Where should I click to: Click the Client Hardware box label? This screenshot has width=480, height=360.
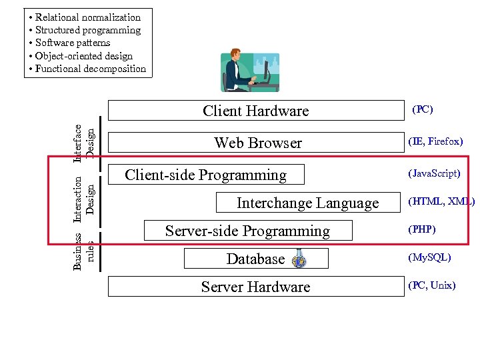point(255,111)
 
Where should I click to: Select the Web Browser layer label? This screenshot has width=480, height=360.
point(257,143)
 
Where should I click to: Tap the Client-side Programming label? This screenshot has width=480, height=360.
point(205,175)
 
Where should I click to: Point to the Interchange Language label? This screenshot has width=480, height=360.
point(307,203)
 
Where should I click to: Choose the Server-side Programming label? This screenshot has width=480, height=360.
point(247,231)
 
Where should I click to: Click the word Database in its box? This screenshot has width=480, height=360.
point(255,259)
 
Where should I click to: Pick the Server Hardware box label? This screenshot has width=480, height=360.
point(255,287)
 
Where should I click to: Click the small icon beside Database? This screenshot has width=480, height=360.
point(299,259)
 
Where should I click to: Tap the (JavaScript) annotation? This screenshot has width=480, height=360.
point(434,173)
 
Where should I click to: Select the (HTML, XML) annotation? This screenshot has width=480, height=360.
point(441,201)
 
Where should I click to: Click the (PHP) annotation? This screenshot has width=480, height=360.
point(421,229)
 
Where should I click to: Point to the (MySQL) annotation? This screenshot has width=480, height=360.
point(429,257)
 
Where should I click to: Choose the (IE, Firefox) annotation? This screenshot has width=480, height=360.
point(435,141)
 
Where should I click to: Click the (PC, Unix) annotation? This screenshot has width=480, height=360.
point(431,285)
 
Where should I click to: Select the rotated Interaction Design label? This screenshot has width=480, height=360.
point(84,199)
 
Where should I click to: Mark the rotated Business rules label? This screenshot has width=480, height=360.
point(84,251)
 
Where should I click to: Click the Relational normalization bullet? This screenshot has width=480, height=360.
point(87,17)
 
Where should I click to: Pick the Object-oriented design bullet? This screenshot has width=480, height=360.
point(83,56)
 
